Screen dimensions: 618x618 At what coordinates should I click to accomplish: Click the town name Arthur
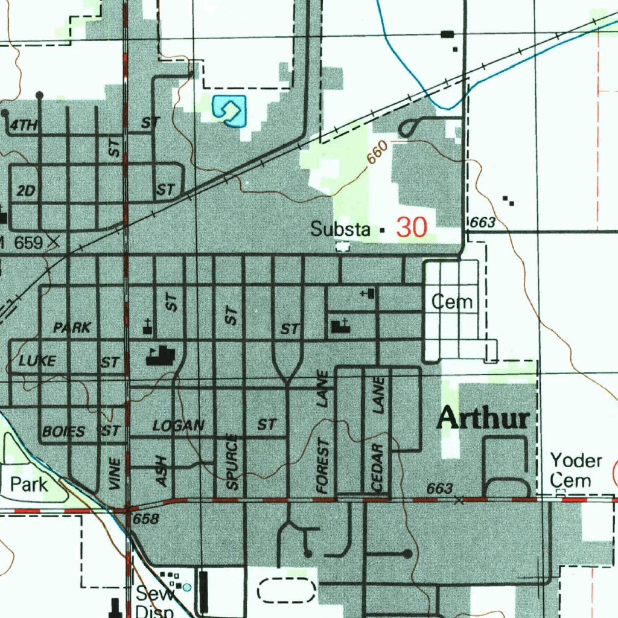(x=483, y=418)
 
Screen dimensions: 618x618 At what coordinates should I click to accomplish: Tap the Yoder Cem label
(x=576, y=471)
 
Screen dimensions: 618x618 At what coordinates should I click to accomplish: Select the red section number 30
(x=412, y=228)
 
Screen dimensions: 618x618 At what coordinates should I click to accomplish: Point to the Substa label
(x=340, y=229)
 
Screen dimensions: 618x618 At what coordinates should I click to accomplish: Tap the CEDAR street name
(x=378, y=467)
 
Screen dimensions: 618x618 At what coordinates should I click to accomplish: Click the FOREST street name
(x=324, y=465)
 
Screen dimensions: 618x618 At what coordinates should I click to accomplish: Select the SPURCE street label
(x=234, y=461)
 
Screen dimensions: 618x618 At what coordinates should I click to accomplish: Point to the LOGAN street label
(x=179, y=425)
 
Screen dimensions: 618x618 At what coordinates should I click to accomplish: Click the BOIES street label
(x=63, y=432)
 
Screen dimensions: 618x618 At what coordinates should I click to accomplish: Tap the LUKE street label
(x=37, y=361)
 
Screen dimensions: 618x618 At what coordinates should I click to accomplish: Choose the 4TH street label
(x=24, y=126)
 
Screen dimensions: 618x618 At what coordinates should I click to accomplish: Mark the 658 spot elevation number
(x=145, y=518)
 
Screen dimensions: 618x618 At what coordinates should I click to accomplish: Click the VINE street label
(x=116, y=473)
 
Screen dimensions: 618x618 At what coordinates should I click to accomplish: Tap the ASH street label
(x=162, y=471)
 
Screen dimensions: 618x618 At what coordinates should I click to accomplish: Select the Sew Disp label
(x=154, y=601)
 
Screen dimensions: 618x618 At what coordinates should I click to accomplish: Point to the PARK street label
(x=72, y=328)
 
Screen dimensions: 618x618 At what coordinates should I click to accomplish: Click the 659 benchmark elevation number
(x=28, y=243)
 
